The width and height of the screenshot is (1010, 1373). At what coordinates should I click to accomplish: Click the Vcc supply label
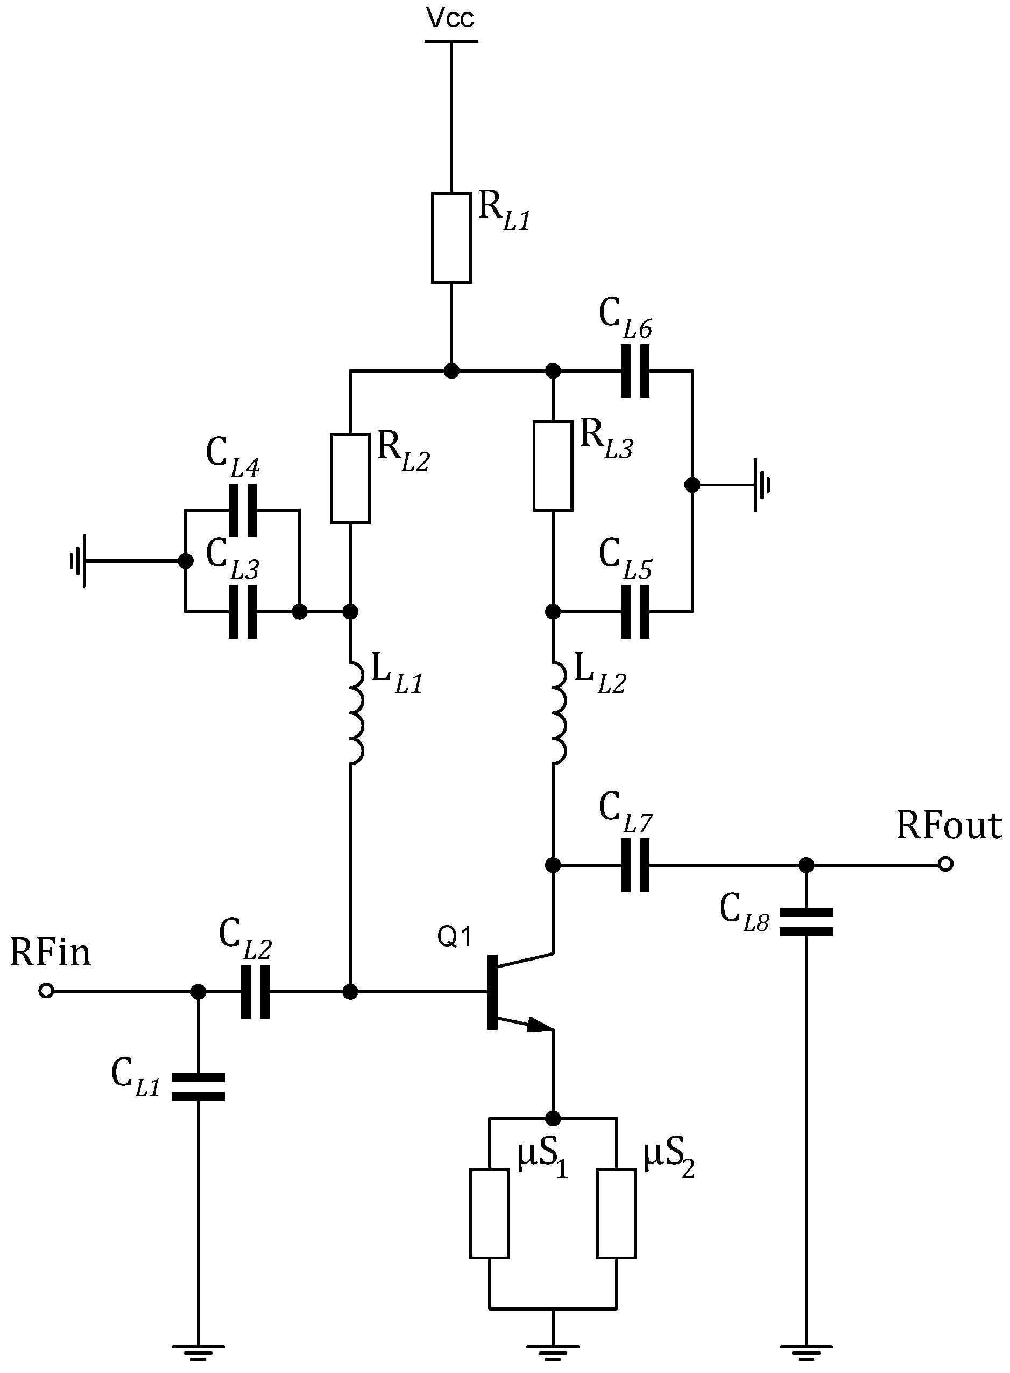450,18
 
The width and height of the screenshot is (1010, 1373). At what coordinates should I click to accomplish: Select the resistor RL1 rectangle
451,237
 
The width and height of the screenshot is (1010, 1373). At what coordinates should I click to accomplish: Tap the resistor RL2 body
350,478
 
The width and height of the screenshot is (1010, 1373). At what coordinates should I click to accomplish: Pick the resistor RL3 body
553,465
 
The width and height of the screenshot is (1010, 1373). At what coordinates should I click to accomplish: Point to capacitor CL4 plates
242,510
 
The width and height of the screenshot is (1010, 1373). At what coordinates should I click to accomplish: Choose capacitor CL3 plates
242,611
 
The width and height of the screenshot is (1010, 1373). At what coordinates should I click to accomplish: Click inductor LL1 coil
355,712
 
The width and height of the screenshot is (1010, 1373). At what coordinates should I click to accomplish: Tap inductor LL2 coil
557,712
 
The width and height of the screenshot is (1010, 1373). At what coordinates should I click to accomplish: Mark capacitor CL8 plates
806,922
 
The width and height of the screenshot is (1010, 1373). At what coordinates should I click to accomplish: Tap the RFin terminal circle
46,991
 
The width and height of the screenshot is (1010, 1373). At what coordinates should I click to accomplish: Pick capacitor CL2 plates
255,991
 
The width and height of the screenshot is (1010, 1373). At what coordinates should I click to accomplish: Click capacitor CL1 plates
198,1087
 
